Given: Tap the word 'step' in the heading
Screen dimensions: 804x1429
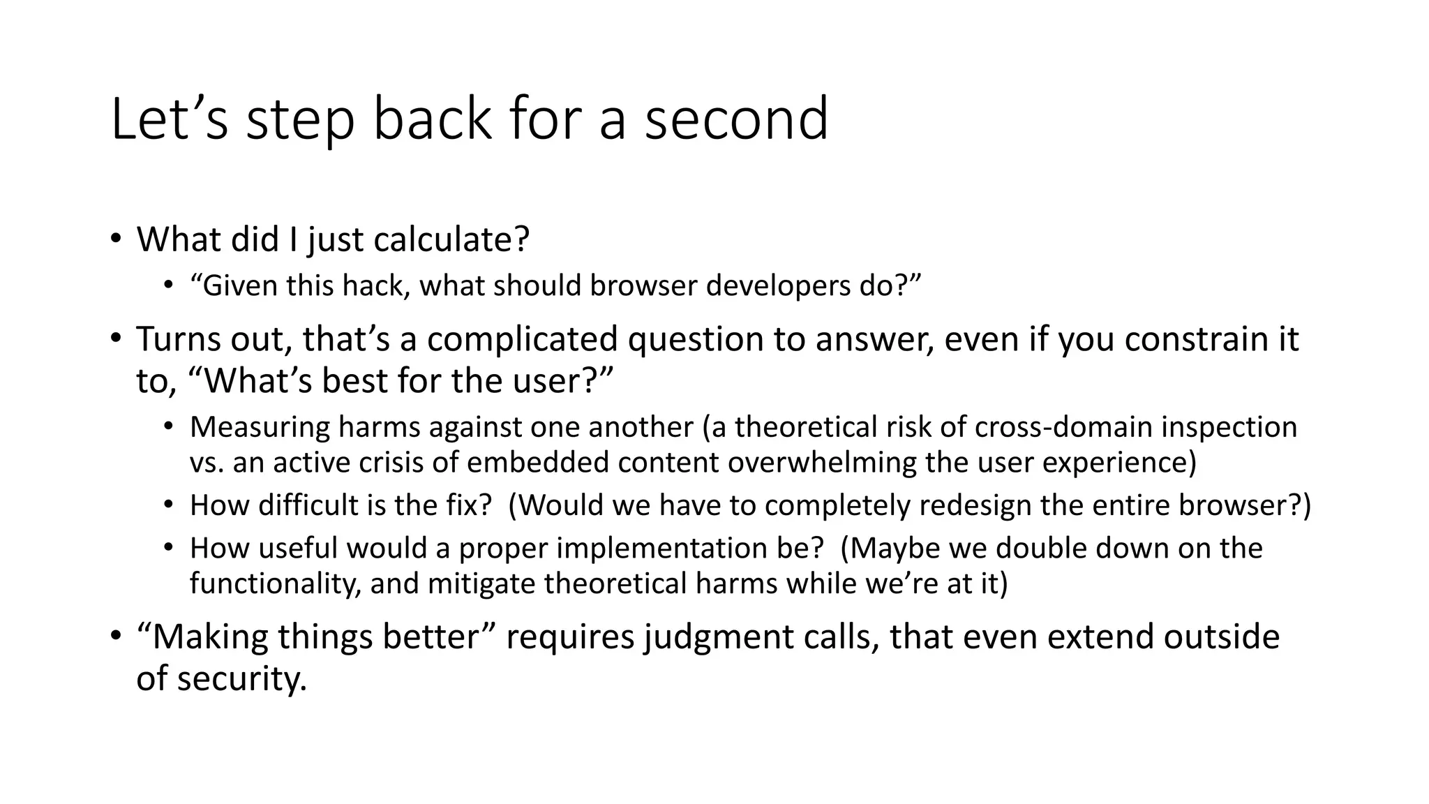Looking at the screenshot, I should (x=301, y=120).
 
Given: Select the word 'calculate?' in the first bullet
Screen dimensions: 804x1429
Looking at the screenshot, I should (x=451, y=239).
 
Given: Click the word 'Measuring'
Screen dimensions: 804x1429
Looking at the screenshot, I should (x=260, y=427).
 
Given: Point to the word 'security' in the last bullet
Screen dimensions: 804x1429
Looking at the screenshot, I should (x=241, y=679).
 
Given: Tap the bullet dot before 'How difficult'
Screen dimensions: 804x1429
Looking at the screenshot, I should (x=168, y=505).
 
